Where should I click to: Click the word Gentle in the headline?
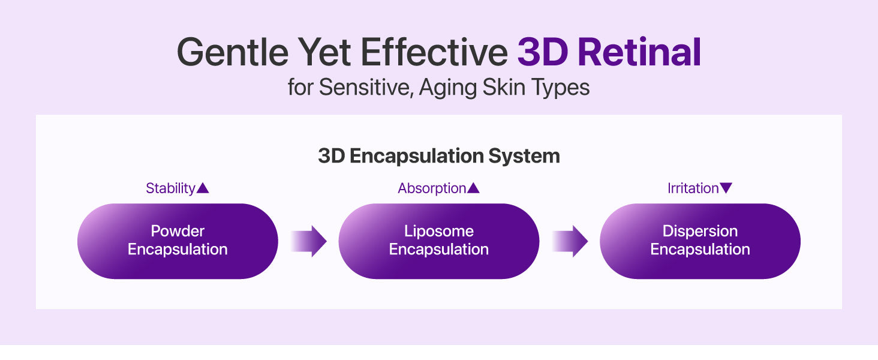(x=233, y=52)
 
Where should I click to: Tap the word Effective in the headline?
(x=434, y=52)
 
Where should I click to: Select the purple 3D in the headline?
(x=543, y=52)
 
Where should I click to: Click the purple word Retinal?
(x=639, y=52)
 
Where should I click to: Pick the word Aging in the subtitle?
(x=447, y=88)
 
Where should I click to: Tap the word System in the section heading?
(x=524, y=155)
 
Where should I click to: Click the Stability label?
(x=170, y=188)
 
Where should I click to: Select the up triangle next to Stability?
(x=203, y=188)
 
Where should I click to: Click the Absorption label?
(x=432, y=188)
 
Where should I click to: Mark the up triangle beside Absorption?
(x=473, y=188)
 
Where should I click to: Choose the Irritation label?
(x=693, y=188)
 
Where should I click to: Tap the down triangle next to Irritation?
(x=726, y=188)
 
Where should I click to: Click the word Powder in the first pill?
(x=178, y=231)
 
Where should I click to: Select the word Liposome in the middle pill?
(x=439, y=232)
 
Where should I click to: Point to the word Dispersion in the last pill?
(x=700, y=232)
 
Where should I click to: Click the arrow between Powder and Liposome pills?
(x=309, y=241)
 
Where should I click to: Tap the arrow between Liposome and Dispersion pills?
(x=570, y=241)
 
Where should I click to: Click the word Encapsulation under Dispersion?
(x=700, y=250)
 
